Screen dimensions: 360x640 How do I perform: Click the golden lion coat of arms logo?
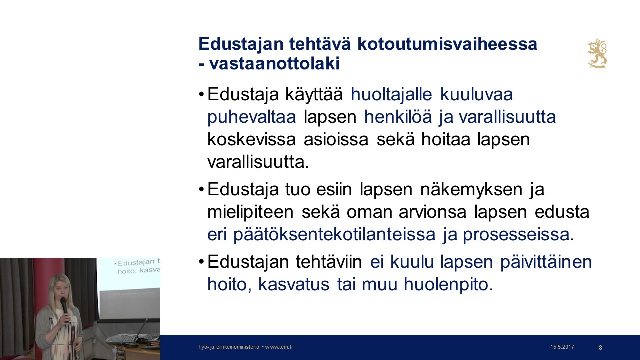coord(597,54)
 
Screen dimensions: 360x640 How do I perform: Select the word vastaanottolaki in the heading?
coord(275,64)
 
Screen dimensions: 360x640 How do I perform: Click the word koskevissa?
coord(252,140)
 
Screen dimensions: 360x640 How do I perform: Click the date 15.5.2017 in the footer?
coord(562,347)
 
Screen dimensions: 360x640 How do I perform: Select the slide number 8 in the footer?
coord(600,347)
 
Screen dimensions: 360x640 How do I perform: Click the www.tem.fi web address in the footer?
coord(279,347)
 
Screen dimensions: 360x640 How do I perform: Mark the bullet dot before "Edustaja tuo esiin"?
coord(201,190)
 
